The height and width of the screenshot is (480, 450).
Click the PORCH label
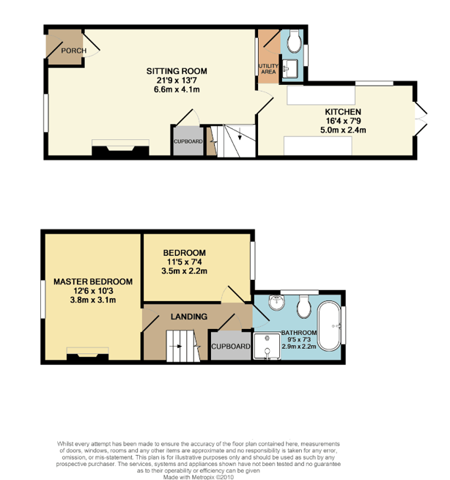click(73, 51)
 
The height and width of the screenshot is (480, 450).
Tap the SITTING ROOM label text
click(177, 71)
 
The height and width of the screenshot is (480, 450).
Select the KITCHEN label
click(343, 112)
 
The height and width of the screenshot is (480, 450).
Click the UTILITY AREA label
click(268, 69)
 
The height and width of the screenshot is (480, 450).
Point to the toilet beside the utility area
click(295, 43)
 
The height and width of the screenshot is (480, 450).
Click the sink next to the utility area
click(290, 69)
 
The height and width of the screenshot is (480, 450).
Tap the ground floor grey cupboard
click(188, 141)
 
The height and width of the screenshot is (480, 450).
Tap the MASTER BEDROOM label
click(92, 281)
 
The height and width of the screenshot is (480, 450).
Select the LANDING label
click(188, 317)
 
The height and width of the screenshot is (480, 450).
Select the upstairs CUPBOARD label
click(231, 347)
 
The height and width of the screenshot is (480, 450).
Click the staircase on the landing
click(182, 345)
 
